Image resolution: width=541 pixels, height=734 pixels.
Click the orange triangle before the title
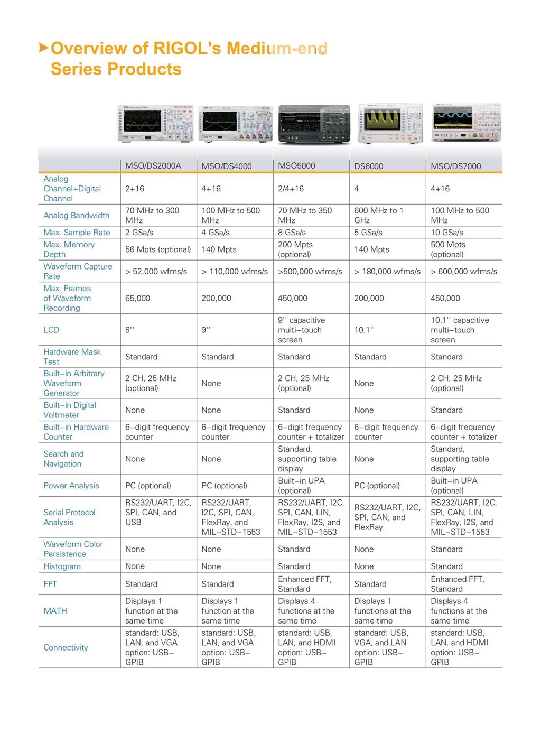coord(43,48)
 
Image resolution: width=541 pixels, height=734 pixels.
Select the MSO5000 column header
coord(296,166)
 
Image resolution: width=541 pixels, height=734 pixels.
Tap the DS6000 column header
coord(369,166)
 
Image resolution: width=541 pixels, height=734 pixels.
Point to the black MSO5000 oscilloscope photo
coord(314,124)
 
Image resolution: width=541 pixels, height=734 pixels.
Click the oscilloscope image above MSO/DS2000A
coord(155,124)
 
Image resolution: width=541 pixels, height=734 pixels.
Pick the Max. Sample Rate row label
coord(77,233)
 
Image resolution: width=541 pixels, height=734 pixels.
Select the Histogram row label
coord(62,566)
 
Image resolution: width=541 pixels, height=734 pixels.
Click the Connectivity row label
coord(66,648)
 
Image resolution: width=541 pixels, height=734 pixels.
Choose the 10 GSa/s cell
coord(447,233)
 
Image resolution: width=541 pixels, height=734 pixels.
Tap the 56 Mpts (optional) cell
coord(158,249)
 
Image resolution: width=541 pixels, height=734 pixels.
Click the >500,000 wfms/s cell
coord(310,272)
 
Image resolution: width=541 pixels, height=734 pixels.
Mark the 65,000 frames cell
coord(137,299)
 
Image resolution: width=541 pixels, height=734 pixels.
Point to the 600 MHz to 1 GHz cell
coord(378,215)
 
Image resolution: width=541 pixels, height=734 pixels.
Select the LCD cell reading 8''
coord(129,330)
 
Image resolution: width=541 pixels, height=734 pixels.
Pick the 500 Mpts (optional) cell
coord(447,249)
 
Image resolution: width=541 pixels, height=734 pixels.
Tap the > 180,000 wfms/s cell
coord(387,272)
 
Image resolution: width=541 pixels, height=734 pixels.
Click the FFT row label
coord(50,584)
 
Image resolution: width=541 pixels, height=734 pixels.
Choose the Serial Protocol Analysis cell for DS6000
coord(387,517)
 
